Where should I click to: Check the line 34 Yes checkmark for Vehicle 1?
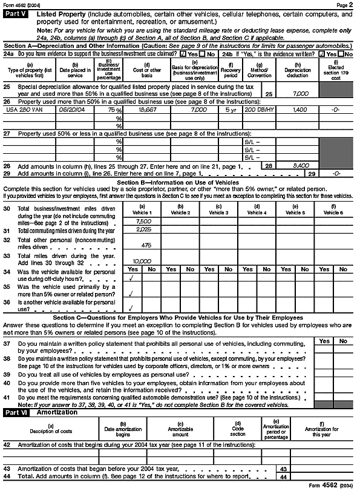(131, 279)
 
